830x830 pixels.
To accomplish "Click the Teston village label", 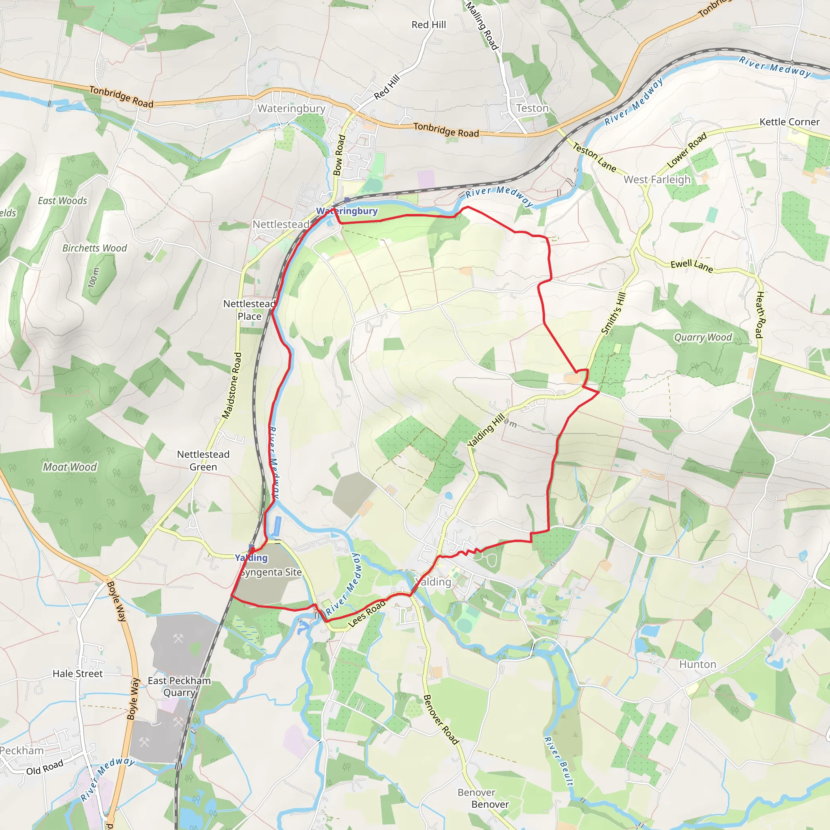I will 532,108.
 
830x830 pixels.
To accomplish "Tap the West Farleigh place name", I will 657,180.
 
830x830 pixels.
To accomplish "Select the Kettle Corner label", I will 789,122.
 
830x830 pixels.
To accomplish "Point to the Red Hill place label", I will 428,25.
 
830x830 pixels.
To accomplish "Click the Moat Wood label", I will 70,467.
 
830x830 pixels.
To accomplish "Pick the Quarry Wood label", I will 703,337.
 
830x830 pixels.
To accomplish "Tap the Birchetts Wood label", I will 94,248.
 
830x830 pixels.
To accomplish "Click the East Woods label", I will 62,201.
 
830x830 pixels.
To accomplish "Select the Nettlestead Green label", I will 203,460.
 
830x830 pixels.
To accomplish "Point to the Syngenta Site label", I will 271,572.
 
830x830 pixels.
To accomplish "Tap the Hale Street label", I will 78,674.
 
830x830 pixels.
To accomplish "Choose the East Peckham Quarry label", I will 179,687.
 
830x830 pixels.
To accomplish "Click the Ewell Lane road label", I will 692,266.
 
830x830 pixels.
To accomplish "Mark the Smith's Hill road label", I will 614,313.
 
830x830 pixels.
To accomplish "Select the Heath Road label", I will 759,314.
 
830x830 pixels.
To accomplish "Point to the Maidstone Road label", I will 232,385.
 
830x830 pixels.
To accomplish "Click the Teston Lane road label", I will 595,157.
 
